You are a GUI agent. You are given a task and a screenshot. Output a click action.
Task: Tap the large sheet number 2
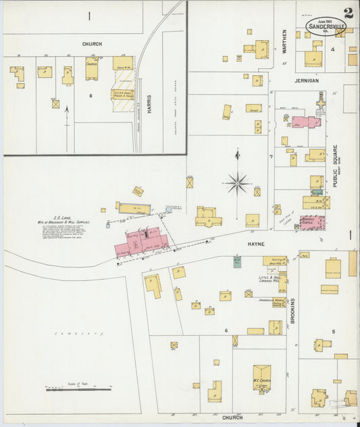pos(347,13)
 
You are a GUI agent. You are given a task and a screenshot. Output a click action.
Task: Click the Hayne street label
pos(255,244)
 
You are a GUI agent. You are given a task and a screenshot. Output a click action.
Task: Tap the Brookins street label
pos(293,311)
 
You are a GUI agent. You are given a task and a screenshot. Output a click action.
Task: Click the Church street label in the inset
pos(93,44)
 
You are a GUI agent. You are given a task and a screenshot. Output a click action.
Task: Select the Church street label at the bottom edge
pos(232,418)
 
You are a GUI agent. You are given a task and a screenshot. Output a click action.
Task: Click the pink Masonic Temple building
pos(312,222)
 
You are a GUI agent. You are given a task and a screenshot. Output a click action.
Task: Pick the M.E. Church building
pos(261,378)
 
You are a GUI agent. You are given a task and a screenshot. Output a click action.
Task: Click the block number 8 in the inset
pos(90,96)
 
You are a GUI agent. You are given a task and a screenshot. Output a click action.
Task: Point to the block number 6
pos(226,329)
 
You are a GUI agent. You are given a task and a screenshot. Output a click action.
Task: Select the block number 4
pos(332,49)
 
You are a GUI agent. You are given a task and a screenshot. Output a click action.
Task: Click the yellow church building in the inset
pos(92,68)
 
